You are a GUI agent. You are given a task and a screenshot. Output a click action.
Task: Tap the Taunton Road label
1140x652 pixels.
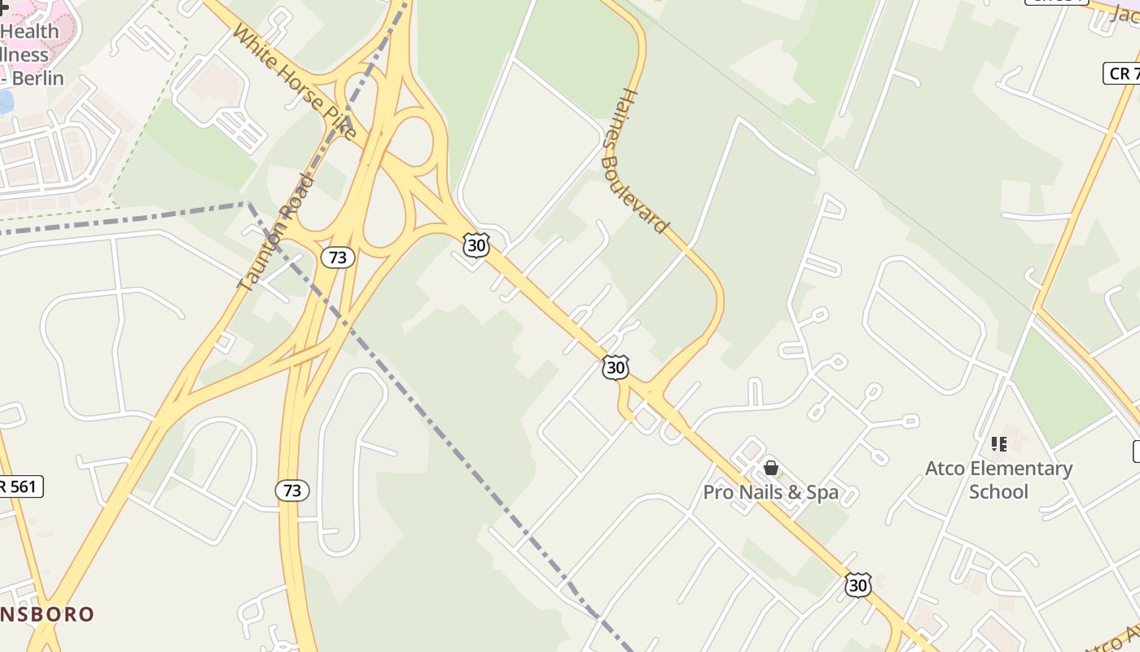coord(275,232)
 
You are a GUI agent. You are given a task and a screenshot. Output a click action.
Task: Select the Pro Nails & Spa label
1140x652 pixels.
coord(770,492)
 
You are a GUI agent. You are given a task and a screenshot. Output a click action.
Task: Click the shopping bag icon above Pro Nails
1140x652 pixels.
coord(770,468)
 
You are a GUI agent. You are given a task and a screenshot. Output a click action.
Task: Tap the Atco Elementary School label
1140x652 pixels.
coord(998,480)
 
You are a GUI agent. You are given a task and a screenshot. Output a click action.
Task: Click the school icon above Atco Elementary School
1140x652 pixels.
coord(999,444)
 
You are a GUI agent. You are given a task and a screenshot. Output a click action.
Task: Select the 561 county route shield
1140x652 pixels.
coord(20,487)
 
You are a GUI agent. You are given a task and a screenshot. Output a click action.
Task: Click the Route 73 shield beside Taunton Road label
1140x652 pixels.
coord(337,258)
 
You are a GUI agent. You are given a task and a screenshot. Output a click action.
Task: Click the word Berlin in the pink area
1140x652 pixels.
coord(37,78)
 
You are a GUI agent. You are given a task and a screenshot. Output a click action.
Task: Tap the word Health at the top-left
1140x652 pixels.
coord(29,32)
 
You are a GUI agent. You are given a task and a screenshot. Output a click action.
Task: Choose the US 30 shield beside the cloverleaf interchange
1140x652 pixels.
coord(476,244)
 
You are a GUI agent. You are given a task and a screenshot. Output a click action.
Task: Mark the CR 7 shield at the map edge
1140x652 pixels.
coord(1122,73)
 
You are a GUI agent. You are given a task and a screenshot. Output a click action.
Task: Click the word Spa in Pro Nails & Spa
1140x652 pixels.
coord(822,492)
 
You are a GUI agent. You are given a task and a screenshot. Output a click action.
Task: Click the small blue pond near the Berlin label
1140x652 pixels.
coord(5,101)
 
